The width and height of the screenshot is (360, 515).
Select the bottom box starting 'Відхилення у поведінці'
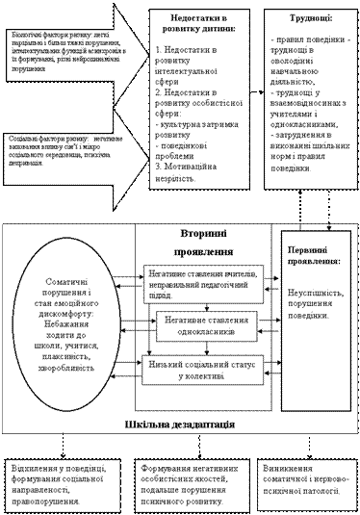pos(61,478)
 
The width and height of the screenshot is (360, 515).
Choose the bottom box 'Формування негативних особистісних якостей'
pos(187,478)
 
